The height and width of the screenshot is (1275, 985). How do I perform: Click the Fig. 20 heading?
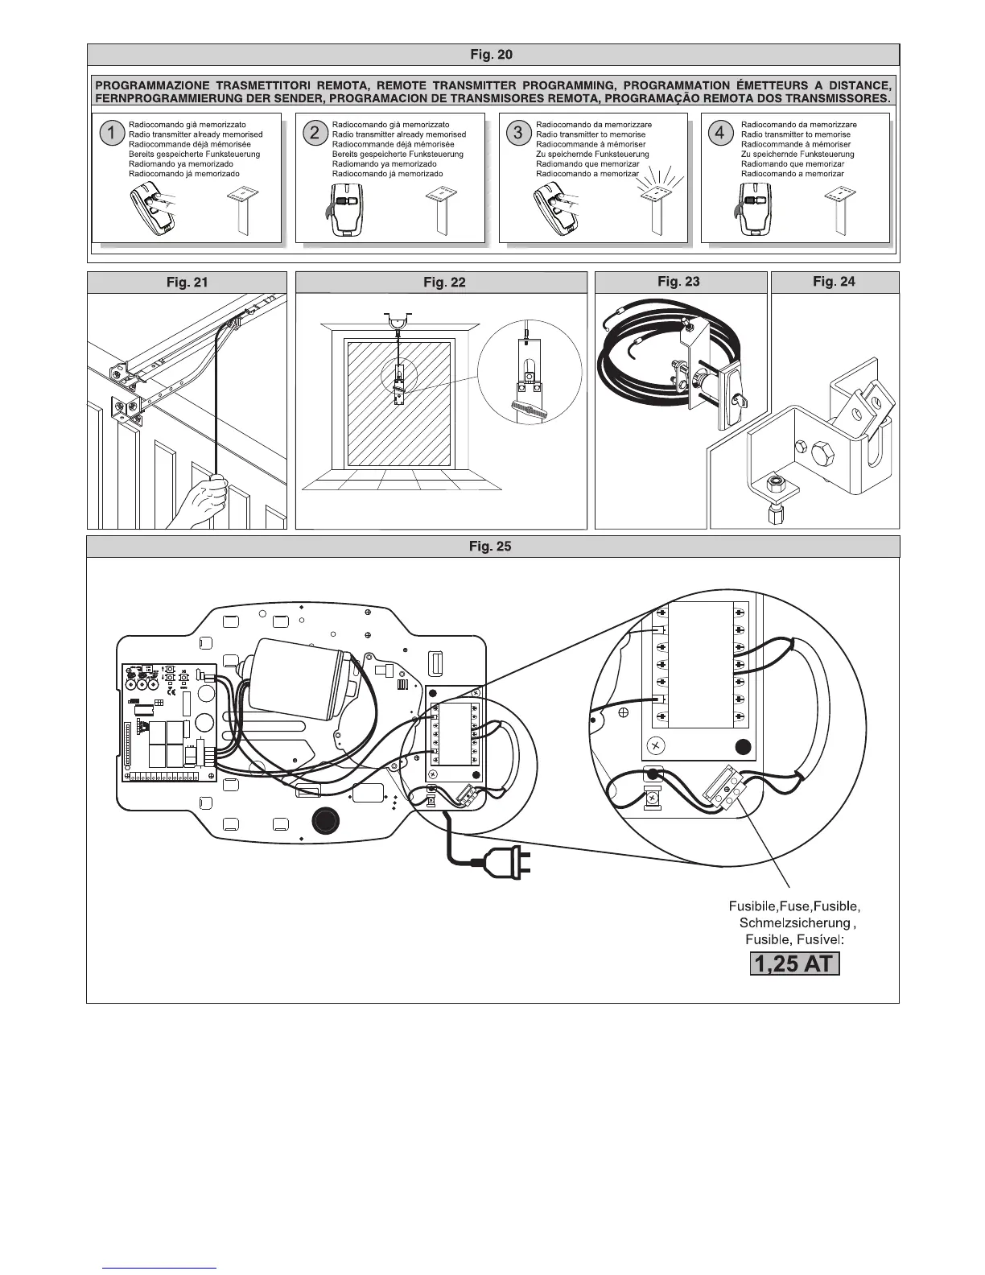pos(491,55)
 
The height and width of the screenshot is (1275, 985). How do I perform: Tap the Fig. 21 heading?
pos(186,282)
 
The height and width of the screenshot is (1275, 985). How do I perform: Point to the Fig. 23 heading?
pos(678,281)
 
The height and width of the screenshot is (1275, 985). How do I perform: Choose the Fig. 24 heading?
pos(834,281)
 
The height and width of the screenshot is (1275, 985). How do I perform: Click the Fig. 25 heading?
pos(491,547)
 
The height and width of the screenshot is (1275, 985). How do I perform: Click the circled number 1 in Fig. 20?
pos(111,134)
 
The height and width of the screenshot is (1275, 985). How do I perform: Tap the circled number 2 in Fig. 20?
pos(315,134)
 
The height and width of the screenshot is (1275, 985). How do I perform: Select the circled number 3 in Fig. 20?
pos(518,134)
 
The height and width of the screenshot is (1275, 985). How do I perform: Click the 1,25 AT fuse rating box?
pos(794,963)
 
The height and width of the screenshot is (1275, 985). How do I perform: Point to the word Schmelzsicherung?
pos(794,923)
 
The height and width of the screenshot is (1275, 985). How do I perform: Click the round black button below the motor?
pos(325,820)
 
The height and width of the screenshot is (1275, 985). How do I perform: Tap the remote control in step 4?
pos(753,212)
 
